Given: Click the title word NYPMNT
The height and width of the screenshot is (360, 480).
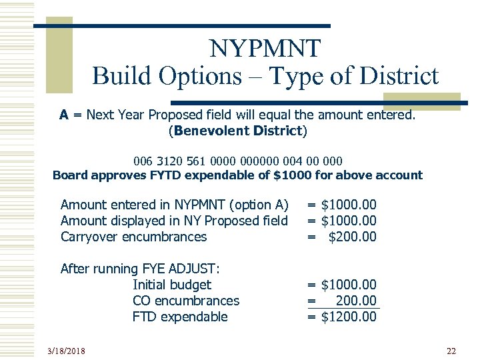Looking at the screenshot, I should (265, 48).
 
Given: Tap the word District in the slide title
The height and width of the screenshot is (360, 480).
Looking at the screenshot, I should (399, 75).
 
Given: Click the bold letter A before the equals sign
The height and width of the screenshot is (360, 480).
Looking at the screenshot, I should (64, 115).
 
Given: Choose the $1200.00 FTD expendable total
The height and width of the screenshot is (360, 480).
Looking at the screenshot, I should (348, 317).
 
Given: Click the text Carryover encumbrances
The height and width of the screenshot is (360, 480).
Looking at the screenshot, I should (133, 237).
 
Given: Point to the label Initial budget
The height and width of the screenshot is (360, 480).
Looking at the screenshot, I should (172, 285).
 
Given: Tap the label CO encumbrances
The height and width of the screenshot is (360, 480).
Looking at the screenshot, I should (186, 301).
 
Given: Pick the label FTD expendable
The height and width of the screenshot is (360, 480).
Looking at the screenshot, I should (180, 317).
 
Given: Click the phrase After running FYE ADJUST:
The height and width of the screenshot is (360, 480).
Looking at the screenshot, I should (140, 269).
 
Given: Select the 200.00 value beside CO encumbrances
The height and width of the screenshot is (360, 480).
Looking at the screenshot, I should (356, 301).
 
